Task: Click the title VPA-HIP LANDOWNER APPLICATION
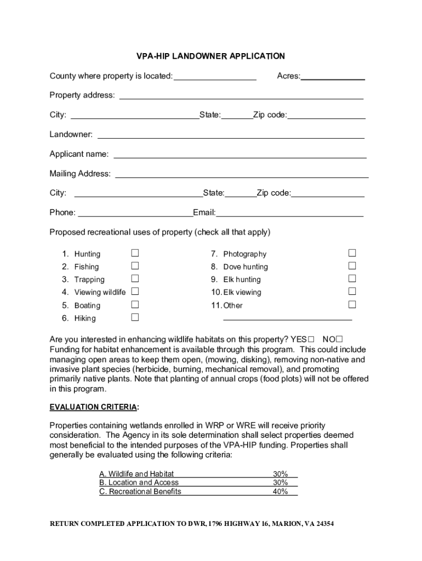pyautogui.click(x=210, y=56)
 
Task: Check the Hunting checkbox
pyautogui.click(x=135, y=253)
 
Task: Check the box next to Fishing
pyautogui.click(x=135, y=266)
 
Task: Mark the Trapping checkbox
pyautogui.click(x=135, y=279)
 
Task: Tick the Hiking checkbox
pyautogui.click(x=135, y=317)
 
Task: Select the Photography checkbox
pyautogui.click(x=352, y=253)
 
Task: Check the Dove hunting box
pyautogui.click(x=352, y=266)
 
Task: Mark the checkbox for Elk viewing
pyautogui.click(x=352, y=291)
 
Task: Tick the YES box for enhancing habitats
pyautogui.click(x=311, y=339)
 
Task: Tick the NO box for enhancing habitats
pyautogui.click(x=346, y=339)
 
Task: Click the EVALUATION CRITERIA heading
pyautogui.click(x=94, y=407)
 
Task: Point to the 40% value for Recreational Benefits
pyautogui.click(x=280, y=491)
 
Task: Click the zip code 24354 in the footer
pyautogui.click(x=322, y=524)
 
